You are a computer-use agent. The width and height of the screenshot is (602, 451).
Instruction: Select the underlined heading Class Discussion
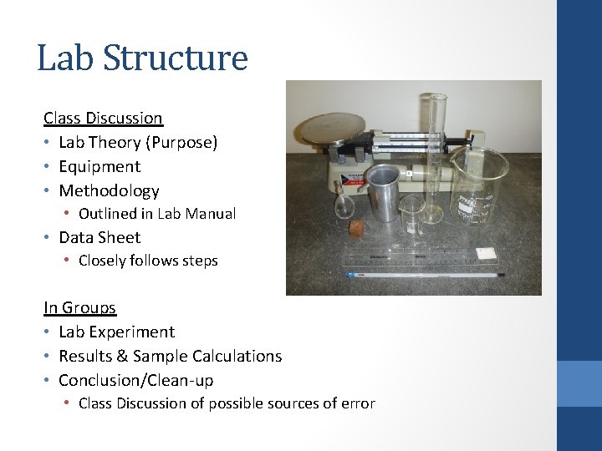tap(103, 119)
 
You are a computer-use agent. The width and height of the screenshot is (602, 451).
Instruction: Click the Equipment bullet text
tap(99, 167)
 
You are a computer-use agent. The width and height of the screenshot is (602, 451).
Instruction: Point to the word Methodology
tap(109, 191)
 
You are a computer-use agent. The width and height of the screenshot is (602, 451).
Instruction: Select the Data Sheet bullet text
tap(99, 238)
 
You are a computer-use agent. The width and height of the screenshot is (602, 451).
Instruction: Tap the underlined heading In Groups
tap(79, 308)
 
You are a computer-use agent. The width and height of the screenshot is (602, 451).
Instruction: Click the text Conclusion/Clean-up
tap(135, 381)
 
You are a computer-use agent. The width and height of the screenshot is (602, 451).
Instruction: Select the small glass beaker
tap(411, 215)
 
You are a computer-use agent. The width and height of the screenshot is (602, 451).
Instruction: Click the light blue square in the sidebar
tap(579, 383)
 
